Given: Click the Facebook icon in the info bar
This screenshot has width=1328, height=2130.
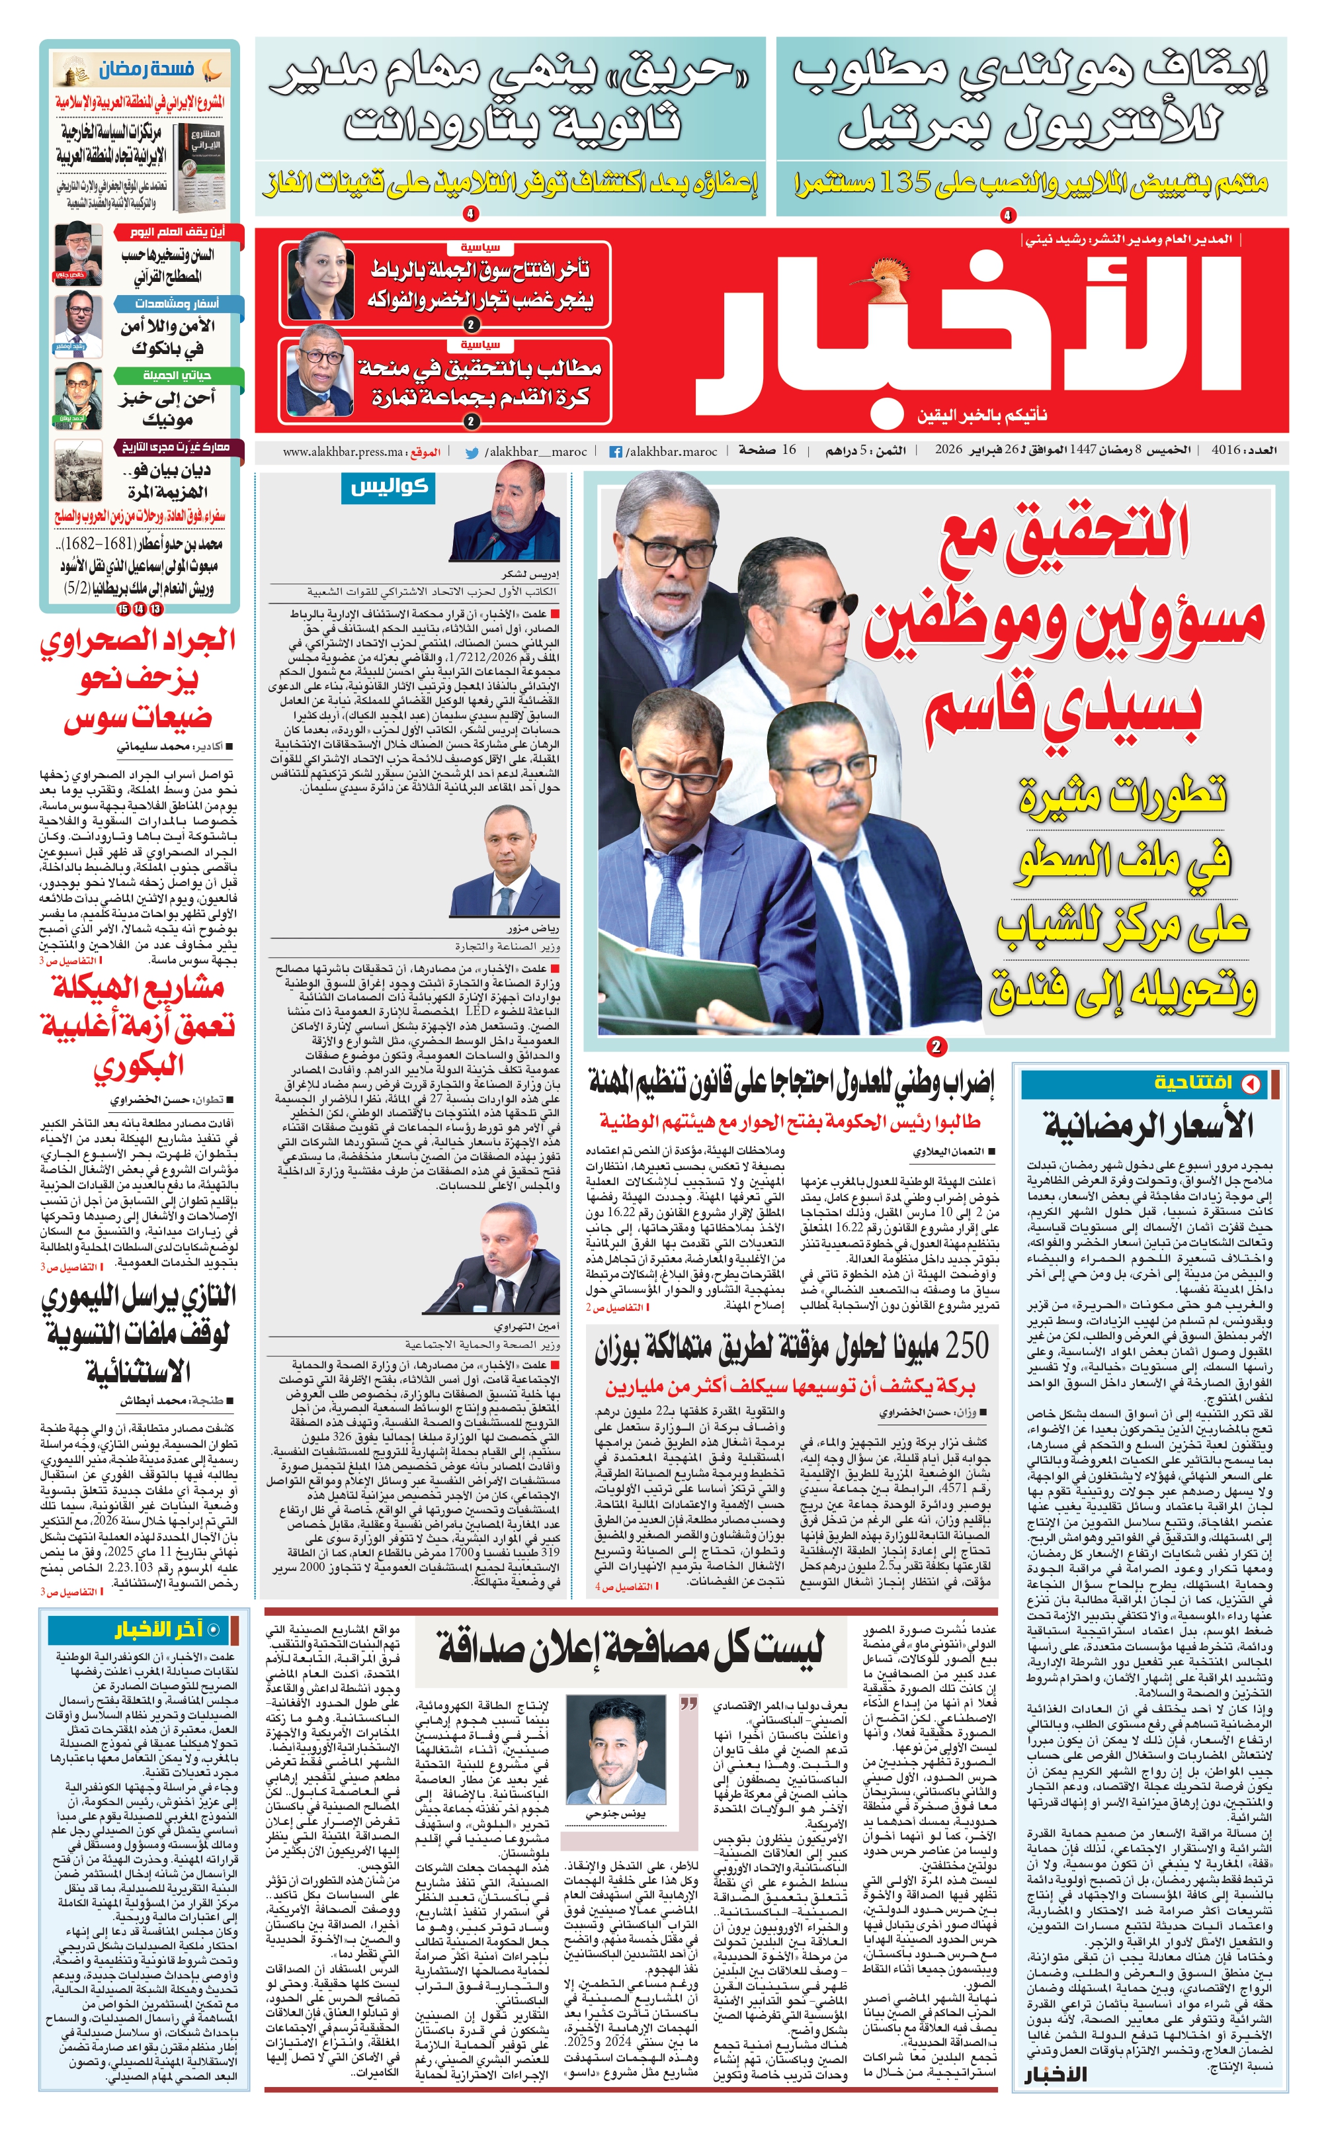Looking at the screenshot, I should pyautogui.click(x=616, y=452).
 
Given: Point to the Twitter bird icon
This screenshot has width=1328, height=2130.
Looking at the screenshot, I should pyautogui.click(x=472, y=452).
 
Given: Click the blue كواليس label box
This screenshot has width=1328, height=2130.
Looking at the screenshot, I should pyautogui.click(x=388, y=487).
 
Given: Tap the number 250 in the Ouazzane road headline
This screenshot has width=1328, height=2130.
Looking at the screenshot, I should pyautogui.click(x=959, y=1345).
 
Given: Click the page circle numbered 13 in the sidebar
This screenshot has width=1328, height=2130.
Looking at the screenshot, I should pyautogui.click(x=155, y=608).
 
